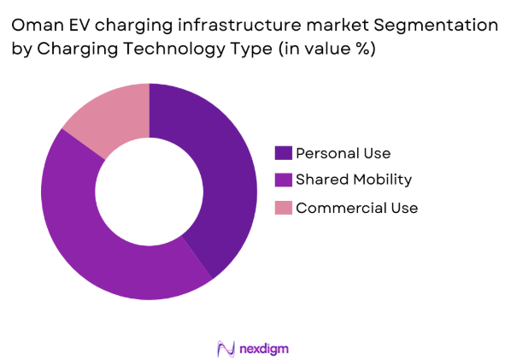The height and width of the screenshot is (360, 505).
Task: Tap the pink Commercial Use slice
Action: click(x=107, y=115)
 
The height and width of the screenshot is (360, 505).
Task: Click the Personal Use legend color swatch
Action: click(x=283, y=153)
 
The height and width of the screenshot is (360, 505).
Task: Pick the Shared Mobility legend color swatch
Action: click(x=283, y=180)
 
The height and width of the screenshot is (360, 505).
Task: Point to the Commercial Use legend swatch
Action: click(x=283, y=207)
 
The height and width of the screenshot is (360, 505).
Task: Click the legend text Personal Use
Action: click(x=343, y=153)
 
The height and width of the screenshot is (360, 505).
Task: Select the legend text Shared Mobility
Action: click(x=354, y=180)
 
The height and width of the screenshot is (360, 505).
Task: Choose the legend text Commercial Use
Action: click(x=356, y=207)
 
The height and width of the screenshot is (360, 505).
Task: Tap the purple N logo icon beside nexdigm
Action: click(x=226, y=348)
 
